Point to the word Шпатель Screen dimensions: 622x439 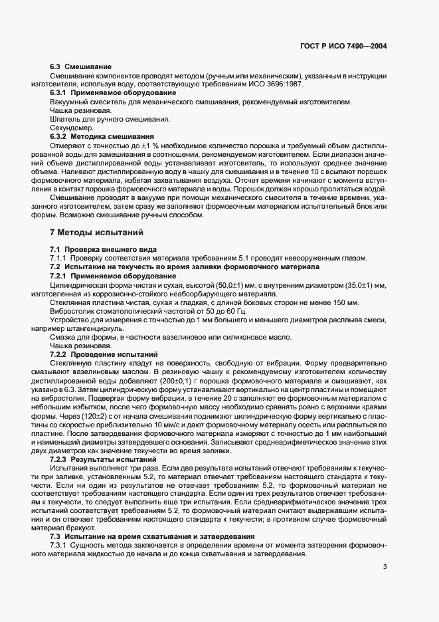click(x=65, y=119)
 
